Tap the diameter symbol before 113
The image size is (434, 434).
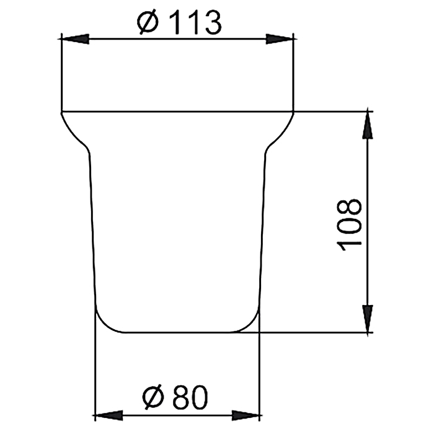click(148, 24)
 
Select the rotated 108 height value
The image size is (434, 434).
click(350, 224)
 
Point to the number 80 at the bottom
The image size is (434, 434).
click(188, 397)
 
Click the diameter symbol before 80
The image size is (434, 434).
click(153, 397)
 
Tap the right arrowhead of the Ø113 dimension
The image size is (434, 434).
click(280, 39)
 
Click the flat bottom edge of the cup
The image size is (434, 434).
click(177, 332)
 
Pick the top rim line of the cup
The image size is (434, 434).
click(177, 112)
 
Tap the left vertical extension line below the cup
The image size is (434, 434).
click(94, 372)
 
